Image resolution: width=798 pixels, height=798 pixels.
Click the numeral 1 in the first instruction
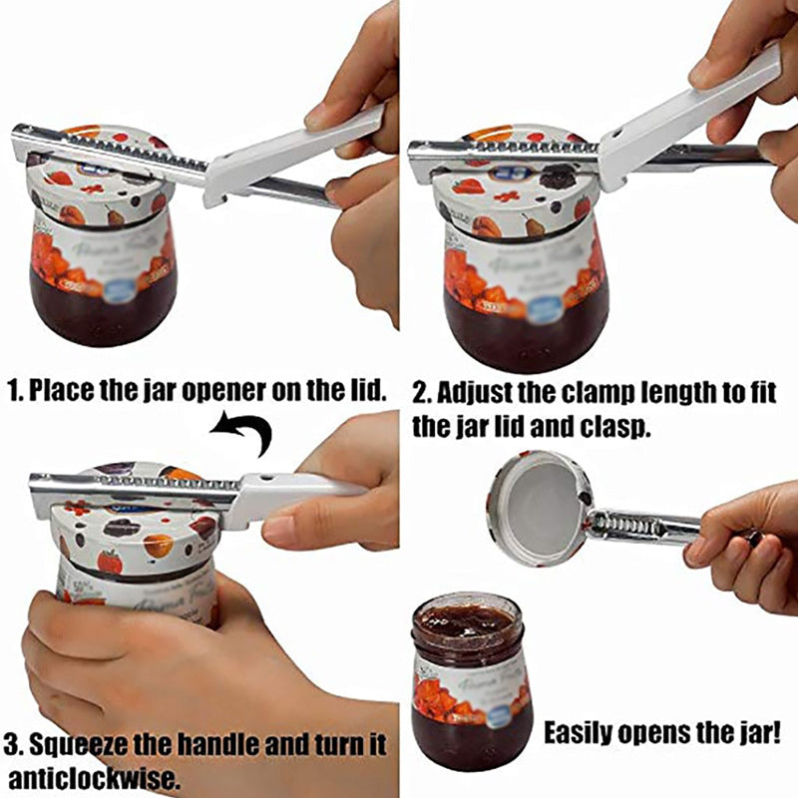point(13,390)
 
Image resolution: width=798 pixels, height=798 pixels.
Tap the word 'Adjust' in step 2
point(473,391)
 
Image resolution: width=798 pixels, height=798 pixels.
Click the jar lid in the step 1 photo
point(100,170)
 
